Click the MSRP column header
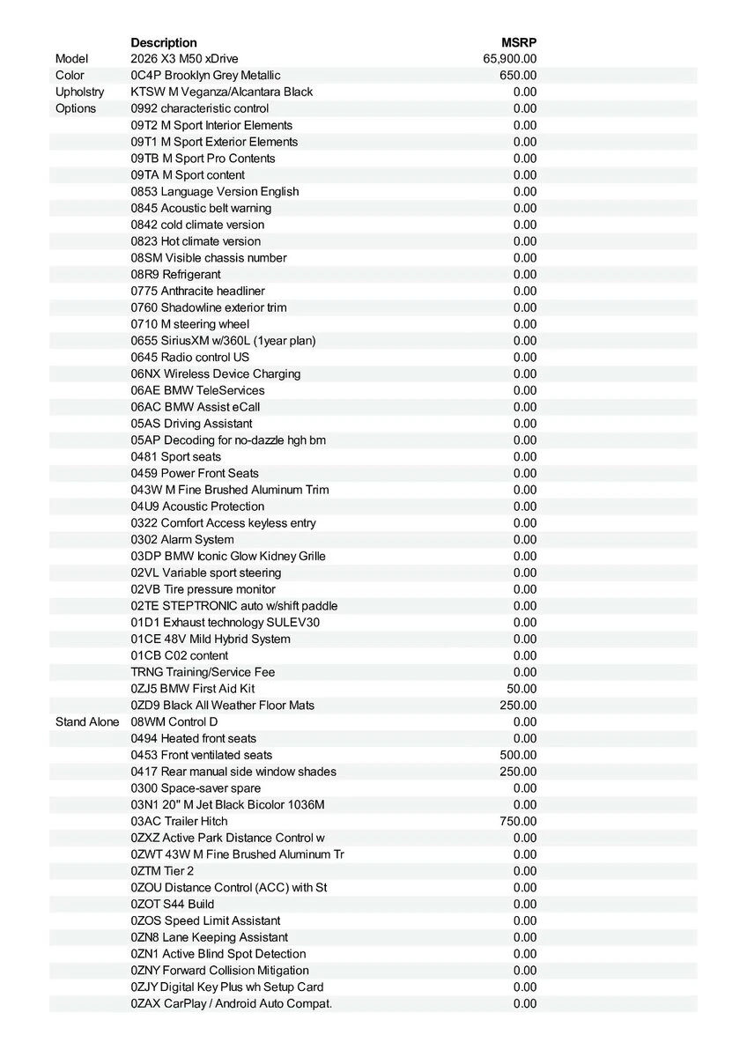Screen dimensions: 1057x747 point(519,42)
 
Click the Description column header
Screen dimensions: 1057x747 point(164,42)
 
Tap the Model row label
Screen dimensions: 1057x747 point(72,59)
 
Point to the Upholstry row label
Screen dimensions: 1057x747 point(79,92)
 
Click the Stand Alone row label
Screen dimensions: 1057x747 point(87,721)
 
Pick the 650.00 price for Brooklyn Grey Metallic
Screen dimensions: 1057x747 point(518,76)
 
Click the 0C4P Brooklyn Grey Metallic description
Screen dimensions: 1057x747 point(205,76)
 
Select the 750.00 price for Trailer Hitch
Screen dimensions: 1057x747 point(518,821)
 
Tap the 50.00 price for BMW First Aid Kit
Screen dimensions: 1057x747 point(521,689)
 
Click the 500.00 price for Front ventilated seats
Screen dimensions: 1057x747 point(518,755)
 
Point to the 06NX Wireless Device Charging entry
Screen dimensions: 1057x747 point(216,373)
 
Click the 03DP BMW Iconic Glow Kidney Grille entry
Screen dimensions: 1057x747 point(228,556)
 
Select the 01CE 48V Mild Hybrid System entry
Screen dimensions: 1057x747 point(211,639)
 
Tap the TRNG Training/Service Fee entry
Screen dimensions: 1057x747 point(203,672)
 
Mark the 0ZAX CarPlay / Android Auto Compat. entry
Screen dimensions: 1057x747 point(232,1003)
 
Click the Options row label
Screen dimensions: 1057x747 point(76,108)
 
